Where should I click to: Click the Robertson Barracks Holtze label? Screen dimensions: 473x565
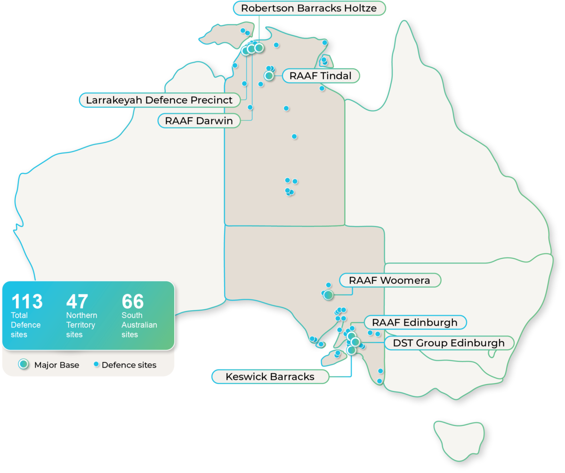309,8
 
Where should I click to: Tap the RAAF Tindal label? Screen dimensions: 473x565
320,76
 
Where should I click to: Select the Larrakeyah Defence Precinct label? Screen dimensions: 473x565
159,100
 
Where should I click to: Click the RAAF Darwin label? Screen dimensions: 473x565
199,120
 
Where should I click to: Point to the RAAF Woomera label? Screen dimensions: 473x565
389,281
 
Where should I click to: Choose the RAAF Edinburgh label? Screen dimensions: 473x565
414,322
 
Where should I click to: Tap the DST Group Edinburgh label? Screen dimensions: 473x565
448,343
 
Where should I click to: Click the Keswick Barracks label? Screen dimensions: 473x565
270,377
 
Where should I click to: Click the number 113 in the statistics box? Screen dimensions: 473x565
27,302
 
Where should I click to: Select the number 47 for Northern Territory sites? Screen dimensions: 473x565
77,302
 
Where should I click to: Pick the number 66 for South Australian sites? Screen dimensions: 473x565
133,302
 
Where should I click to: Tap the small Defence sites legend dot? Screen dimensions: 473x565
96,364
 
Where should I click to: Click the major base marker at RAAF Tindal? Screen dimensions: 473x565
269,75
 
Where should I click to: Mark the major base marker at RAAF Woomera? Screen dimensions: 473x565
328,295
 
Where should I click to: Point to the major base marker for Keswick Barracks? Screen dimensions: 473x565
351,350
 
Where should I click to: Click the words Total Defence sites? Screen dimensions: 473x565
25,325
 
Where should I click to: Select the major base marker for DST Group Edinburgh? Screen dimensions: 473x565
355,342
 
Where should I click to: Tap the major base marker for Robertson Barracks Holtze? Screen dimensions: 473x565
258,48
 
